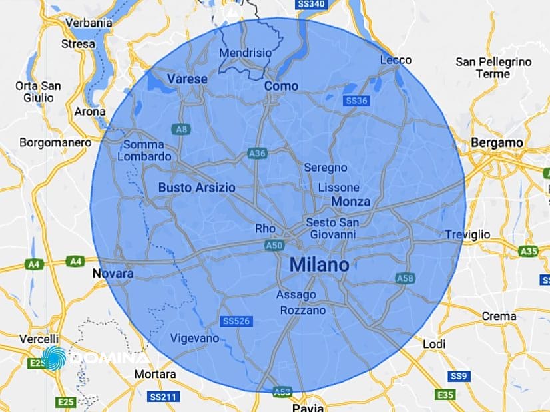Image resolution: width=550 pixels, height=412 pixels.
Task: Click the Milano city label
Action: (319, 265)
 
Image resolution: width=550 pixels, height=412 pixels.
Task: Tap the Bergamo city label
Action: (497, 142)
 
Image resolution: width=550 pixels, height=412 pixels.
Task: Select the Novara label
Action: (113, 274)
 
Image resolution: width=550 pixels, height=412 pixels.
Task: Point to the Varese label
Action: (187, 79)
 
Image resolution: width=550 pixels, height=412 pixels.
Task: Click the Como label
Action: (281, 86)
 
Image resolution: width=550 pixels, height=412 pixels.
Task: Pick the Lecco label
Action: (396, 60)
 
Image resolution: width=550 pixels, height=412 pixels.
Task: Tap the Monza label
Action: (351, 202)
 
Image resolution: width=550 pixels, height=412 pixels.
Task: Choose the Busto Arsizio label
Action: (196, 188)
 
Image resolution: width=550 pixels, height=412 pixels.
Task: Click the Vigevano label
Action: (194, 338)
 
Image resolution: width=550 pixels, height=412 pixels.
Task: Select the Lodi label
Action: (434, 344)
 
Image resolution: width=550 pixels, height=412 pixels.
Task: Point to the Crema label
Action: (499, 316)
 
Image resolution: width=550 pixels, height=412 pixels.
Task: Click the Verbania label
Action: (89, 23)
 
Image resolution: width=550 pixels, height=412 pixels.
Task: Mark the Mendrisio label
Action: (246, 52)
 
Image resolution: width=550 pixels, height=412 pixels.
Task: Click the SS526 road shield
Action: (237, 321)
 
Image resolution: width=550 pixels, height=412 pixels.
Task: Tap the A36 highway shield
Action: (257, 154)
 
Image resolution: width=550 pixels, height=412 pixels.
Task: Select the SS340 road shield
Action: (312, 5)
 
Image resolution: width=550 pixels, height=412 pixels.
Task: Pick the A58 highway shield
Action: (404, 277)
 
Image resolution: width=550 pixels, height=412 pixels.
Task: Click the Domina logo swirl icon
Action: (53, 358)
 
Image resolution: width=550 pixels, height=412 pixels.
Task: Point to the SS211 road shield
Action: (162, 397)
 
